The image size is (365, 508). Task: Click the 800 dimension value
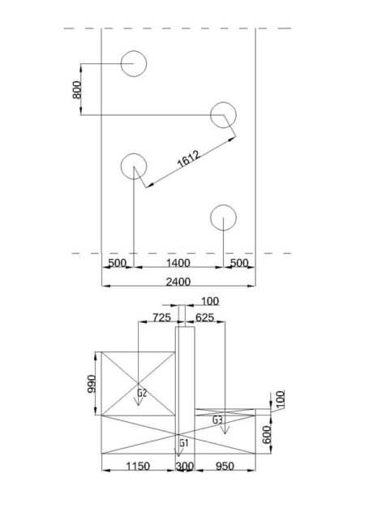click(x=77, y=90)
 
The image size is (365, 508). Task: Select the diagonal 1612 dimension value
click(x=189, y=159)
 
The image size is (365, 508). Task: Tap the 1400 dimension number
click(x=178, y=263)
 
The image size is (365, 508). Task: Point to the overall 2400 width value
click(x=178, y=282)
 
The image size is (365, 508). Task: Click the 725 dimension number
click(x=161, y=317)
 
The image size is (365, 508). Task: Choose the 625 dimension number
click(x=204, y=317)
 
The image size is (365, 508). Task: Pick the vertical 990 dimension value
click(x=92, y=384)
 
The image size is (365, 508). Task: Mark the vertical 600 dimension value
click(x=266, y=435)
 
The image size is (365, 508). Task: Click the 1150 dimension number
click(x=138, y=466)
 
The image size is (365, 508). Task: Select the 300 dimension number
click(x=185, y=466)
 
